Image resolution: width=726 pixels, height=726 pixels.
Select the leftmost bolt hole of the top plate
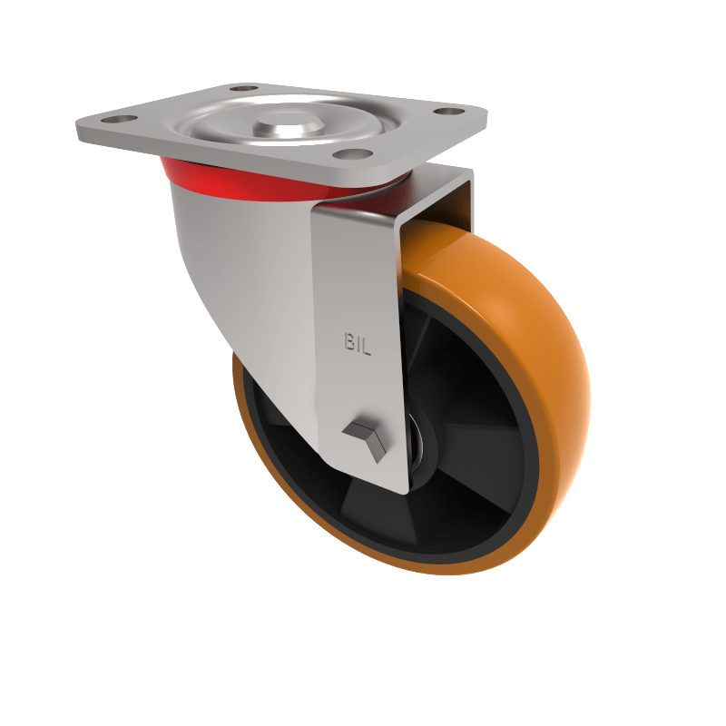click(118, 120)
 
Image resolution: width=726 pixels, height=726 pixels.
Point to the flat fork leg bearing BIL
click(358, 299)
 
